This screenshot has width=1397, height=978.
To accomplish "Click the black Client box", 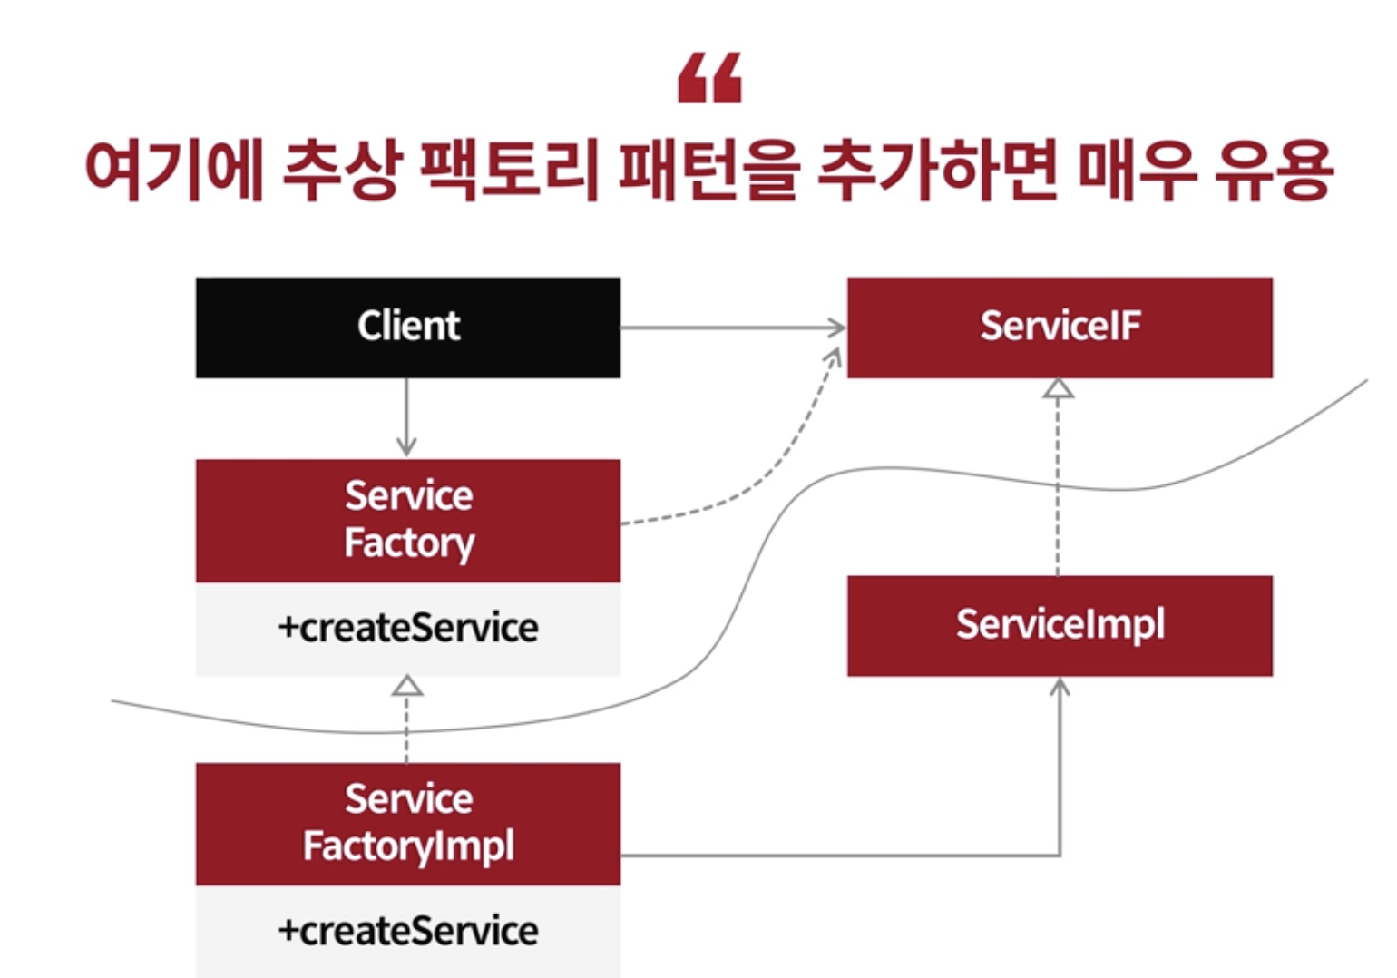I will pos(408,328).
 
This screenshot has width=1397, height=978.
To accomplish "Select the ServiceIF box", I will pos(1060,328).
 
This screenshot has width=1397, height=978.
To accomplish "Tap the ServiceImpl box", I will pos(1060,626).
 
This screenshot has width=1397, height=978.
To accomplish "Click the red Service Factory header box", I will pos(408,521).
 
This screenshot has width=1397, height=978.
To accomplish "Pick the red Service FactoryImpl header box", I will pos(408,824).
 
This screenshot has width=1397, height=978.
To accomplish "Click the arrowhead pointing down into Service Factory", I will pos(406,446).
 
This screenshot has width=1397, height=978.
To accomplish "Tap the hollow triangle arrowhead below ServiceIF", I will pos(1059,388).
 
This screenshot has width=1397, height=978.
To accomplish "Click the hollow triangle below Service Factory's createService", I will pos(407,686).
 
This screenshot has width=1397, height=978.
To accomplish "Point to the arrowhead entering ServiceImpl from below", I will pos(1060,688).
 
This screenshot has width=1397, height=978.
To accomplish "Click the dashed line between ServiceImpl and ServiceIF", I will pos(1059,490).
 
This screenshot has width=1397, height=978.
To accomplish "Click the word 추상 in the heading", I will pos(340,171).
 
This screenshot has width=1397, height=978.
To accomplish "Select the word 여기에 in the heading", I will pos(172,171).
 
